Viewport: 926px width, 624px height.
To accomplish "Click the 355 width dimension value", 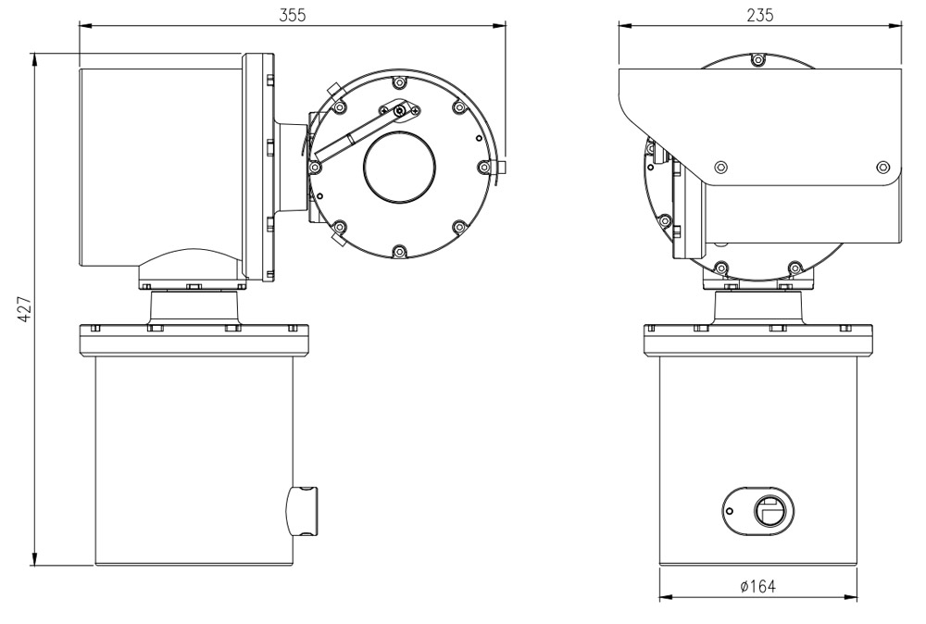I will pyautogui.click(x=293, y=13).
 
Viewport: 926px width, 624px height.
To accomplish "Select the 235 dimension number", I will pyautogui.click(x=760, y=13).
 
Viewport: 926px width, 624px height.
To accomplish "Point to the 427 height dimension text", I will pyautogui.click(x=25, y=310).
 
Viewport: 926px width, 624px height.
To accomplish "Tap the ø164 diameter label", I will pyautogui.click(x=758, y=586).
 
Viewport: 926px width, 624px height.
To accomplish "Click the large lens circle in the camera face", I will pyautogui.click(x=399, y=168).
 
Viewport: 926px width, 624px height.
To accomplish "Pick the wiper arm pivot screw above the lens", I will pyautogui.click(x=398, y=111).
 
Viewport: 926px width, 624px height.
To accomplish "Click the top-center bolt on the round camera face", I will pyautogui.click(x=398, y=80).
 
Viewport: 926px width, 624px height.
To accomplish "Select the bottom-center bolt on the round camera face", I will pyautogui.click(x=398, y=251).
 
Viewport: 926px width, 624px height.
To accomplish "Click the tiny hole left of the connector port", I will pyautogui.click(x=730, y=510).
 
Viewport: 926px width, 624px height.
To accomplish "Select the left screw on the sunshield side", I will pyautogui.click(x=721, y=168).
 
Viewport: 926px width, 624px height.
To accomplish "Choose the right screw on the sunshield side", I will pyautogui.click(x=882, y=168).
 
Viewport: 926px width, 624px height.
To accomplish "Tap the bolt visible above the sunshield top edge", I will pyautogui.click(x=758, y=61).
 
